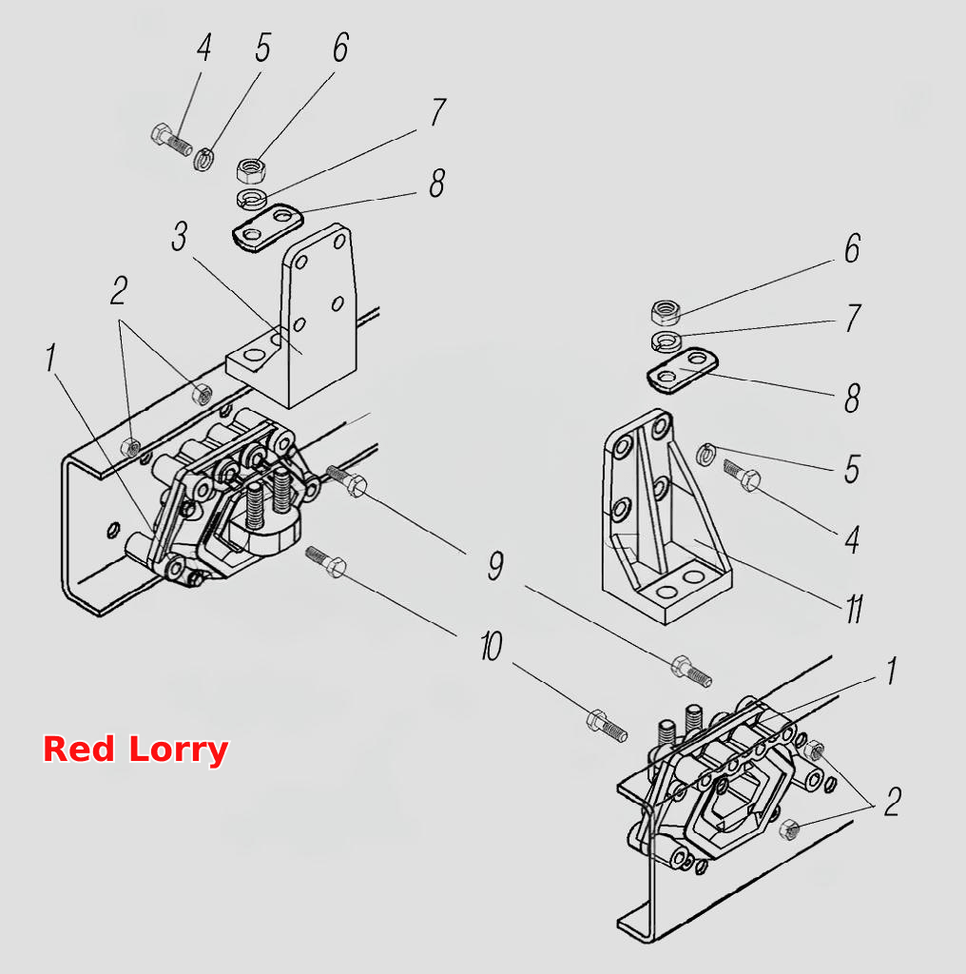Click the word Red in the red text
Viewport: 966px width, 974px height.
[x=79, y=750]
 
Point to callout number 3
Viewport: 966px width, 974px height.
[x=180, y=237]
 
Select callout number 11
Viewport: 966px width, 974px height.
[x=855, y=609]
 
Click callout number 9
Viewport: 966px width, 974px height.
[x=495, y=565]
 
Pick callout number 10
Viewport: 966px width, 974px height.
[x=491, y=646]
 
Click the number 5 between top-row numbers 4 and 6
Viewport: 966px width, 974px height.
[x=263, y=48]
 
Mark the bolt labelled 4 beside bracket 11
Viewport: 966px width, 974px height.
[x=742, y=476]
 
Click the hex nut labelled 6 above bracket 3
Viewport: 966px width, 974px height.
[x=251, y=169]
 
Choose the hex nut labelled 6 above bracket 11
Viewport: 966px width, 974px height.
[x=667, y=312]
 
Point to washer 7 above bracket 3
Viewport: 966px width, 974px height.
[x=252, y=198]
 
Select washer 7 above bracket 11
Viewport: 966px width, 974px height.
[x=667, y=341]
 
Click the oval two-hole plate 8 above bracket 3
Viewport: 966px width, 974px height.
[x=267, y=227]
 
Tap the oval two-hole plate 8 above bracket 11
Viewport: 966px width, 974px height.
[x=683, y=370]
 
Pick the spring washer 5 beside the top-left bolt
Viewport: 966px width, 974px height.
[x=204, y=159]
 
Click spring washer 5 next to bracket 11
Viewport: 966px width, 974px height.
[x=707, y=455]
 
